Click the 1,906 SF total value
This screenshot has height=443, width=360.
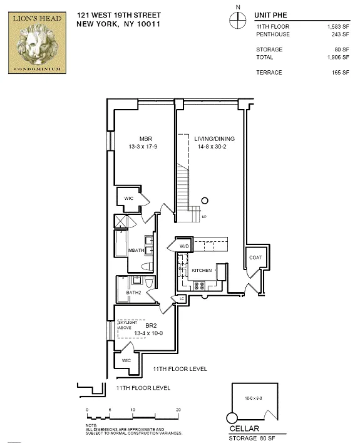[339, 56]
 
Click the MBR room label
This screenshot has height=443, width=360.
[146, 139]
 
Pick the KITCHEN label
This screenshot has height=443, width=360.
[202, 270]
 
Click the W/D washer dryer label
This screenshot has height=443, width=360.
[184, 246]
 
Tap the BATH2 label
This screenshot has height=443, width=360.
[133, 293]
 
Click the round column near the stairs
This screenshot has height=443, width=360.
[204, 201]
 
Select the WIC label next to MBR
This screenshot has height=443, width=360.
[128, 199]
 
